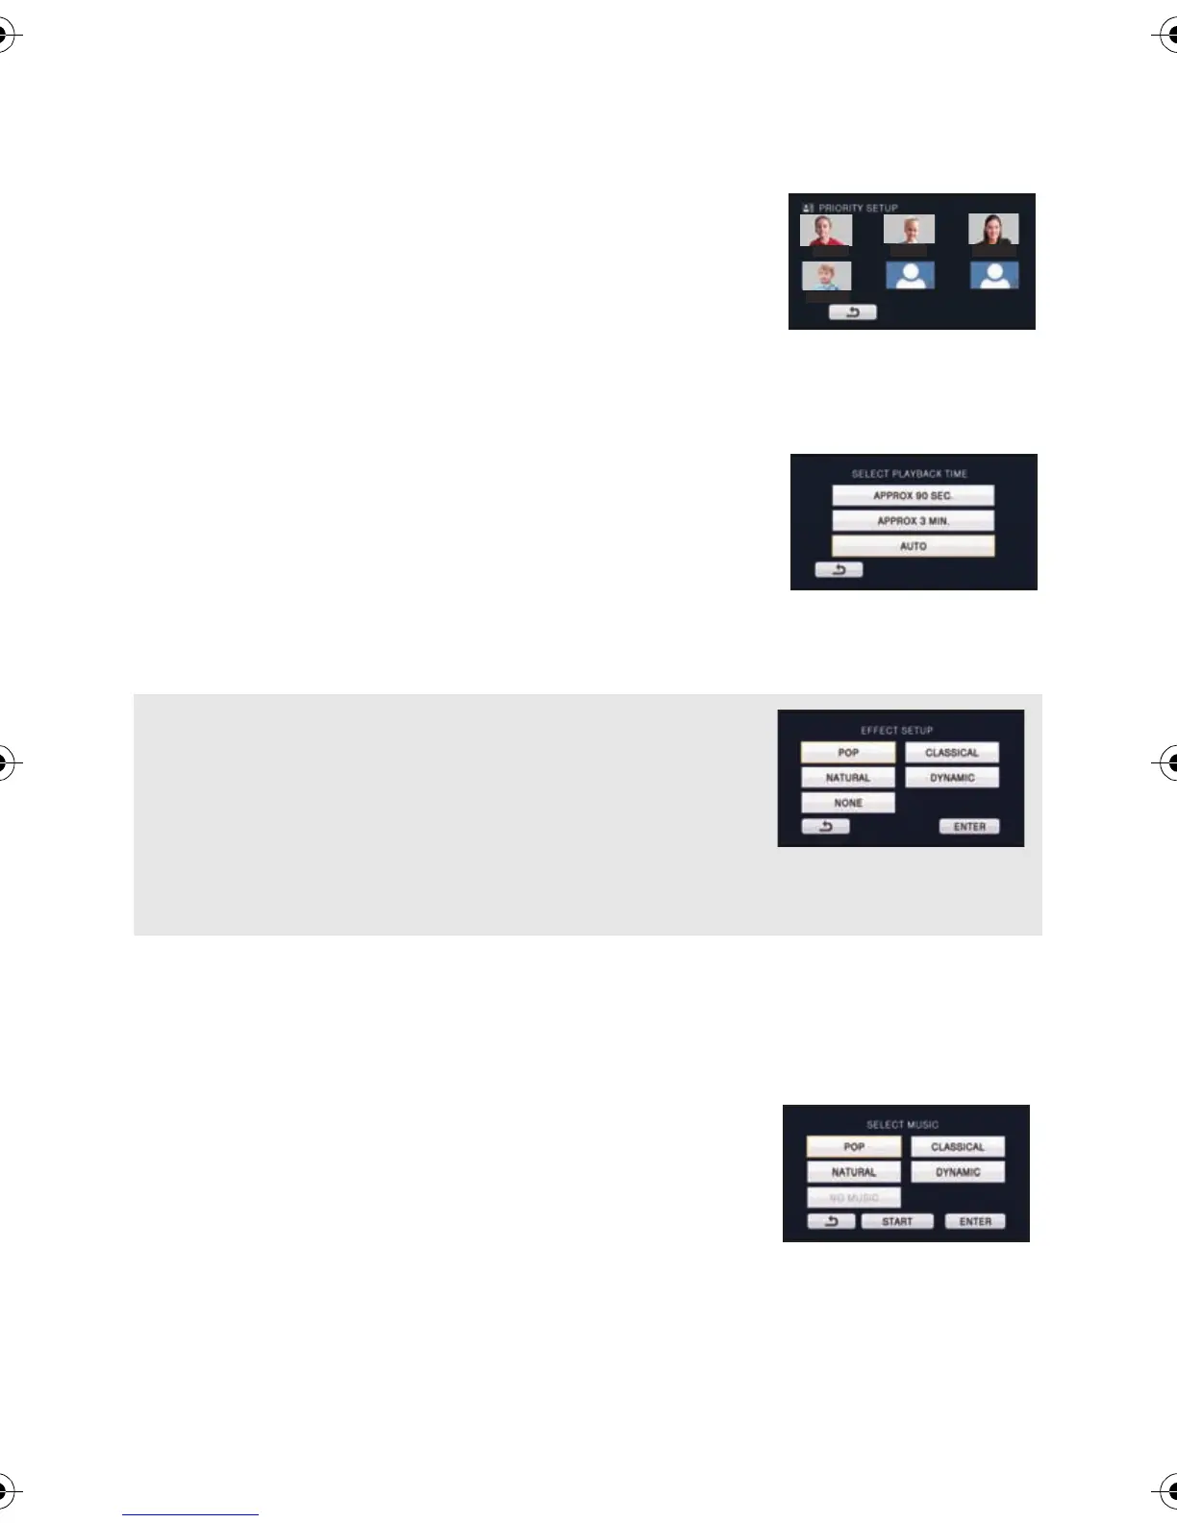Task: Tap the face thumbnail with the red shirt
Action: tap(825, 231)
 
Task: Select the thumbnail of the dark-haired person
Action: tap(993, 230)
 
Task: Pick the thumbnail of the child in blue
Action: tap(826, 277)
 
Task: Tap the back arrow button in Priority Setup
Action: tap(853, 312)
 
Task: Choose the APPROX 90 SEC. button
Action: tap(913, 496)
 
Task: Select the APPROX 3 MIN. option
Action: tap(913, 521)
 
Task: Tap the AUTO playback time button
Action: tap(913, 546)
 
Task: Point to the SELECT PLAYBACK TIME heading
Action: tap(909, 474)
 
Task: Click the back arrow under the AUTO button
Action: tap(839, 570)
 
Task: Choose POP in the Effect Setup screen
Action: tap(848, 753)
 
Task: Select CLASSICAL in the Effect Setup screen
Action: tap(952, 753)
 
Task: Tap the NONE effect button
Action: tap(848, 803)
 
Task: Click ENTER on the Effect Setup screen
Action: tap(969, 827)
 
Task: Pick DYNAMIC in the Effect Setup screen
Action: tap(952, 778)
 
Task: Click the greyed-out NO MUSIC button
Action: tap(854, 1198)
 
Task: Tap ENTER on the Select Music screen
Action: tap(975, 1222)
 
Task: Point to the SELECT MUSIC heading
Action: tap(902, 1125)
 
